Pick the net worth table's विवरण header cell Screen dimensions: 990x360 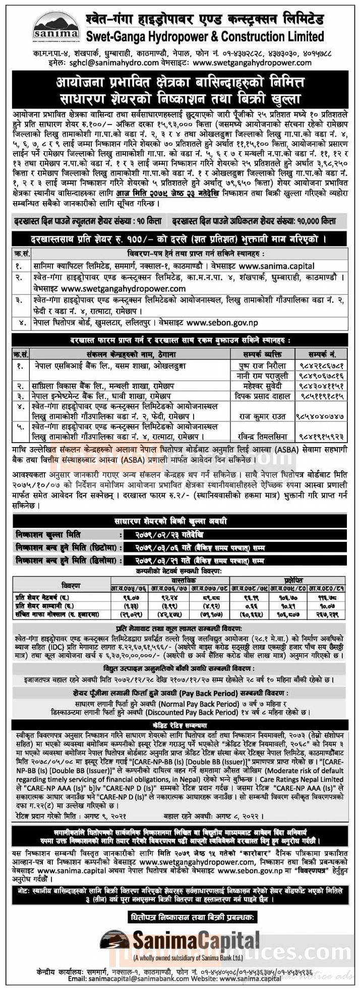pos(70,584)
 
